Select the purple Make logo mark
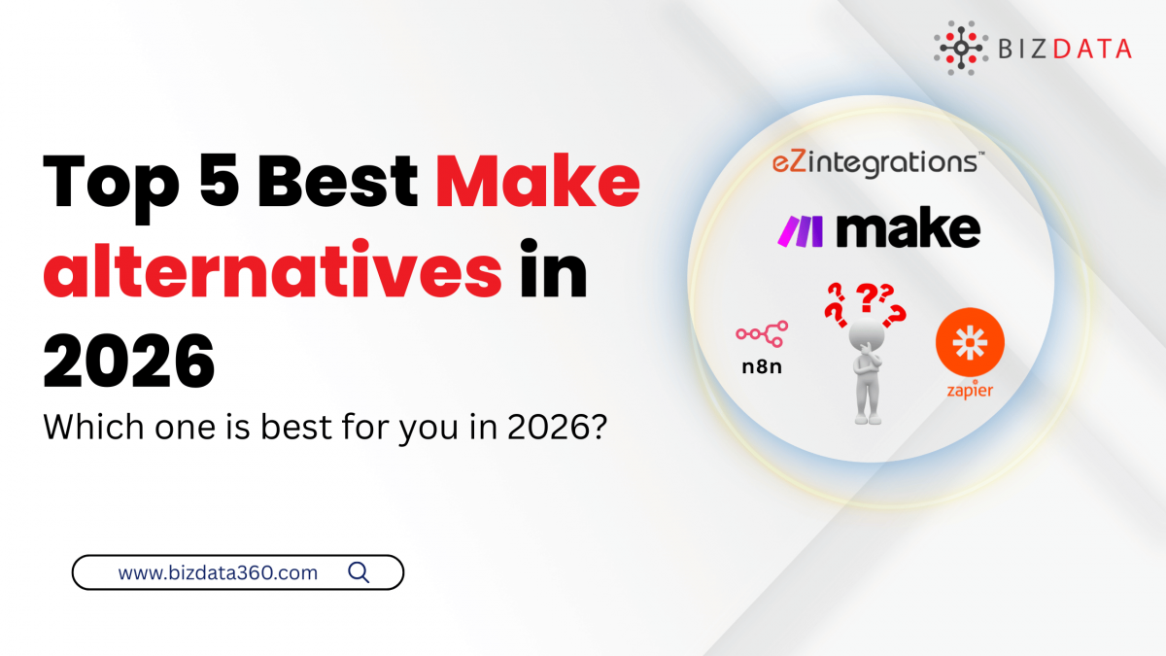[803, 230]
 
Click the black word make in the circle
[909, 228]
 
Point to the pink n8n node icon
[762, 334]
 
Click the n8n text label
[761, 368]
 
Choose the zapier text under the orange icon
[969, 392]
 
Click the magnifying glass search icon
[359, 572]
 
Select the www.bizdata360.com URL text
[218, 573]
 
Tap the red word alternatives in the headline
[273, 274]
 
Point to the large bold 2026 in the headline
[128, 361]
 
